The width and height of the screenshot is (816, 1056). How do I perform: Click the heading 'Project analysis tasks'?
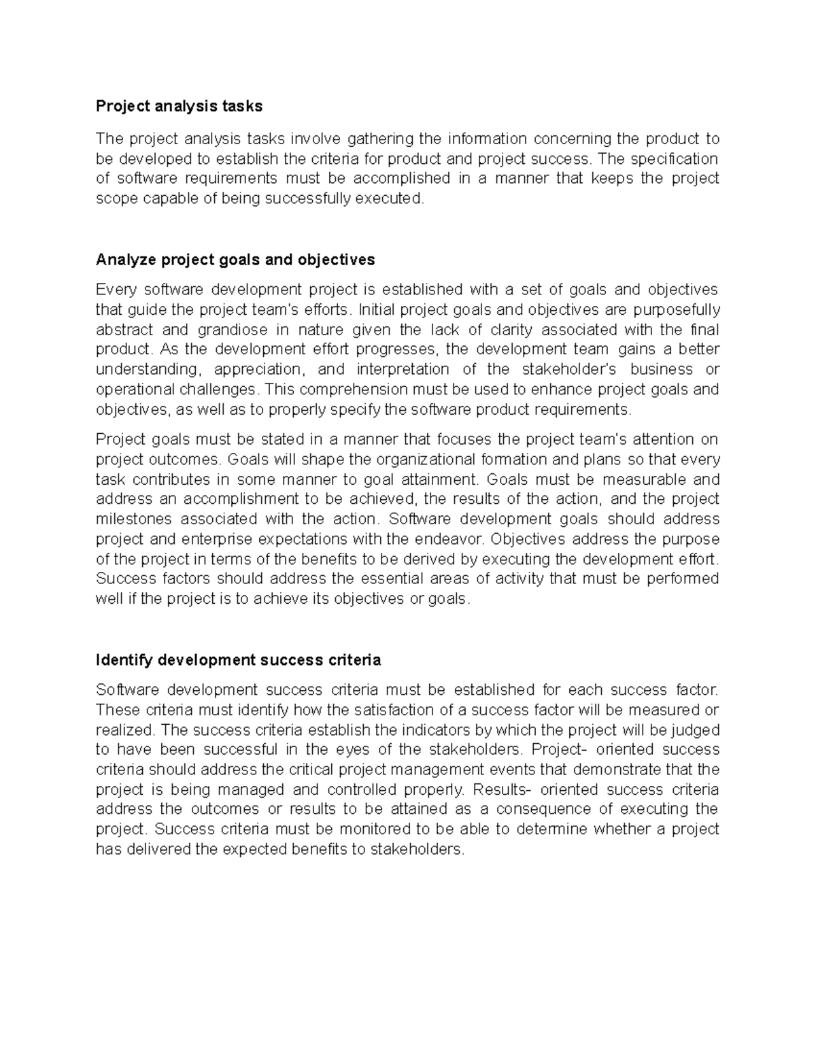(179, 106)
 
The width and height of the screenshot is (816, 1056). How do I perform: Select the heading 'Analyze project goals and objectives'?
(235, 260)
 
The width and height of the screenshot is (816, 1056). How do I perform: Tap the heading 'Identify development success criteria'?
(239, 660)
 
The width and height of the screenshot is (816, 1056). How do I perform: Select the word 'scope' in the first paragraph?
(116, 199)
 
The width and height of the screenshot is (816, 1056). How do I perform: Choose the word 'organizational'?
(411, 460)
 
